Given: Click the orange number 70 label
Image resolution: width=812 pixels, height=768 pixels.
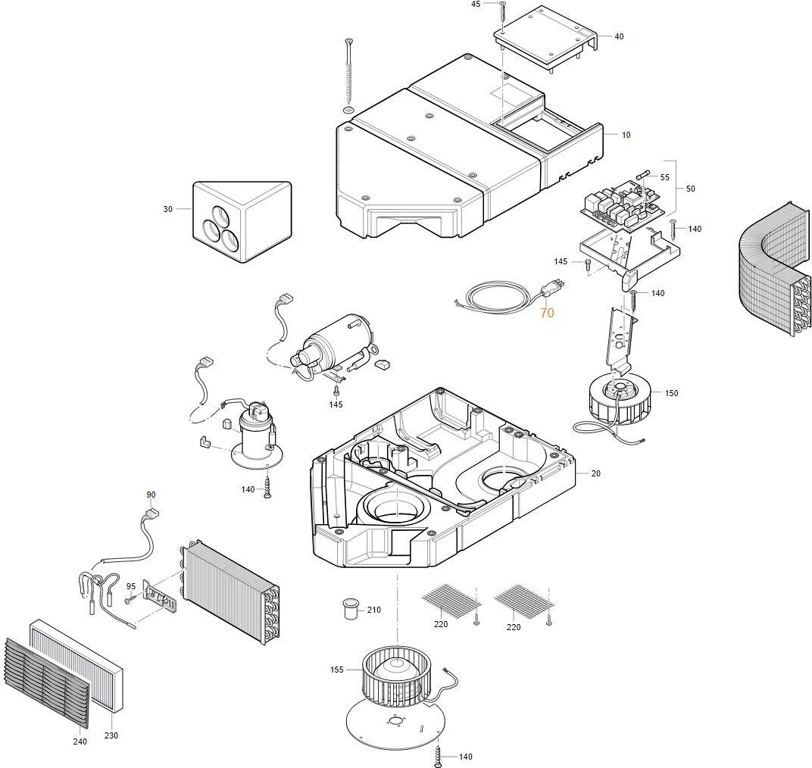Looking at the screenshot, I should point(547,312).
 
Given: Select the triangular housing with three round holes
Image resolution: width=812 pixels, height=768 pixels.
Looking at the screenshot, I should point(242,221).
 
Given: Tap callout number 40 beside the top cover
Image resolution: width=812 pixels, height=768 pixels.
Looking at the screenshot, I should point(619,36).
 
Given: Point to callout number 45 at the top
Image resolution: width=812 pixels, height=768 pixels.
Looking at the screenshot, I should point(476,5).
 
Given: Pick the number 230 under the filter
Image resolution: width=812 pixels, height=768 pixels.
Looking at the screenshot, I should point(111,735).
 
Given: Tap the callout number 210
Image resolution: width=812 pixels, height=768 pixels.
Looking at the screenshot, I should point(374,610).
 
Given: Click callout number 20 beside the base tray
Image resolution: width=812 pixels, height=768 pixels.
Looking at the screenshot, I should point(595,473).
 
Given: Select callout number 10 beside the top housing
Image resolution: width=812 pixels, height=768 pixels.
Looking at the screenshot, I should point(626,135).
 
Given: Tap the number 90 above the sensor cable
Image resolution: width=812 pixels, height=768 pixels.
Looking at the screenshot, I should point(151,495).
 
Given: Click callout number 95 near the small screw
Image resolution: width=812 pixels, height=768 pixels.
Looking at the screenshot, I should point(131,586).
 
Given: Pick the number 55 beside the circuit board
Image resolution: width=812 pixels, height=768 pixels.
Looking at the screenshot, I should point(664,177).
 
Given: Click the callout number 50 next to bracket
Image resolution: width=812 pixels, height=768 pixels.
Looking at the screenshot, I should point(690,189).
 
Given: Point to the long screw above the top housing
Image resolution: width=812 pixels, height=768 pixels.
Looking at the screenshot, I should point(348,73).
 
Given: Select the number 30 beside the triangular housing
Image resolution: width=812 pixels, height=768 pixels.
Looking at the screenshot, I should point(167,209).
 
